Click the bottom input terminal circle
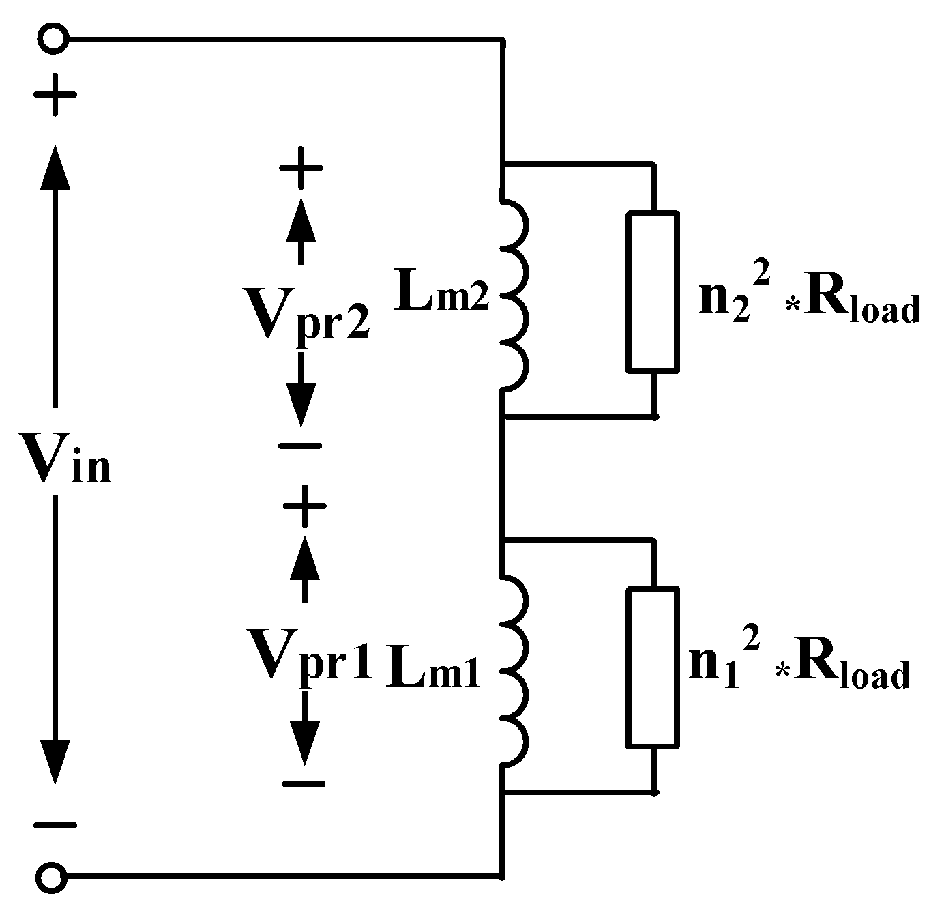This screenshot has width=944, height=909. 53,875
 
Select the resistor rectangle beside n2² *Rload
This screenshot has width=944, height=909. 653,292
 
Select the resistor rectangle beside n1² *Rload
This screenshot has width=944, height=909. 653,667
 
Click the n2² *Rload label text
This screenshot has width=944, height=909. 809,304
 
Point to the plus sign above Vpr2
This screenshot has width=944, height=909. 300,168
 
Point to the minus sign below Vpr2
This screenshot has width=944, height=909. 300,446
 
